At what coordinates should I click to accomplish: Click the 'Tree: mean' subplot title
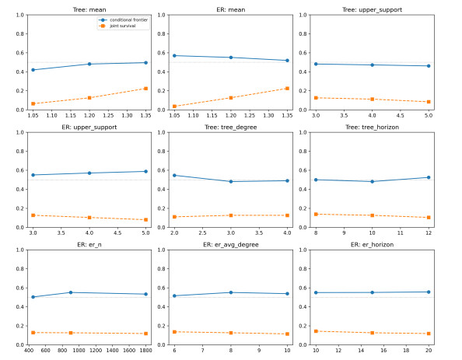coord(89,10)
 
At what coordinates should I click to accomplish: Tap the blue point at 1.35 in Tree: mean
coord(146,63)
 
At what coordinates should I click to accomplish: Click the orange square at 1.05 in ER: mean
coord(174,107)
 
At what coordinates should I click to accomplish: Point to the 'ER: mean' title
coord(231,10)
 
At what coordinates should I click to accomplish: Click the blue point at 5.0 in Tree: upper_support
coord(429,66)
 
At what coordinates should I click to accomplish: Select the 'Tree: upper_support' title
coord(372,10)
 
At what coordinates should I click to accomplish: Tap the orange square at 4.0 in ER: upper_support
coord(89,218)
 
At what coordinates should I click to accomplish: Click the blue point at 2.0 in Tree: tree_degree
coord(174,175)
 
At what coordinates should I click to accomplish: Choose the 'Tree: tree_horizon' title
coord(372,128)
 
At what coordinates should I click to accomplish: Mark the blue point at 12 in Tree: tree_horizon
coord(429,177)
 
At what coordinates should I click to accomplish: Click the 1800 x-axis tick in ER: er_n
coord(146,350)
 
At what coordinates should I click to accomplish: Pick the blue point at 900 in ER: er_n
coord(71,292)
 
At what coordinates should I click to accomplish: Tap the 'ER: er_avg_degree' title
coord(231,245)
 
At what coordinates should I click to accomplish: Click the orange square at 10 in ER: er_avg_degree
coord(287,334)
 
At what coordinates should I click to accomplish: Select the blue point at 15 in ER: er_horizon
coord(372,292)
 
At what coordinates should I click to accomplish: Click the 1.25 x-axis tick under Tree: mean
coord(108,115)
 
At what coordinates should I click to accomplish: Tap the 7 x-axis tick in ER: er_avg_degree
coord(203,350)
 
